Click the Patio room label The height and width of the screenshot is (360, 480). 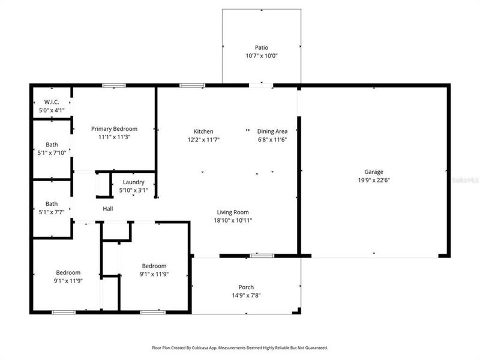tap(262, 47)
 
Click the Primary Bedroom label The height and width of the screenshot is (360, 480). tap(114, 128)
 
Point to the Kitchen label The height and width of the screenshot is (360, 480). tap(203, 131)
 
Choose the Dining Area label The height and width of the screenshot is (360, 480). tap(272, 131)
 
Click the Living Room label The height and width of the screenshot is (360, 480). tap(233, 212)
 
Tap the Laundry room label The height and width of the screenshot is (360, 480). tap(133, 182)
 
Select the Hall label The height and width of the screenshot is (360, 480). tap(108, 209)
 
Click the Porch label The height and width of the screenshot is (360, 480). tap(246, 287)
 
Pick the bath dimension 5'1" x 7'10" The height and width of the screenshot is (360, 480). tap(52, 152)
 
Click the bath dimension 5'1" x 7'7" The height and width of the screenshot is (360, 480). tap(52, 211)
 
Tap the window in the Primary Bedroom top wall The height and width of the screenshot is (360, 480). tap(113, 86)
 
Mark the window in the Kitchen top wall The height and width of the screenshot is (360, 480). tap(190, 86)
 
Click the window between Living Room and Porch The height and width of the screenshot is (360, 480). tap(262, 256)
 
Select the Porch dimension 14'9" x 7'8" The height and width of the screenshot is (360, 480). tap(246, 295)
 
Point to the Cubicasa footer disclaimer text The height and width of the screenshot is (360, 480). tap(239, 347)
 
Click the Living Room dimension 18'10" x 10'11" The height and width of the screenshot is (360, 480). tap(233, 220)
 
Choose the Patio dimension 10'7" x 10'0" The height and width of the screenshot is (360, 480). tap(262, 56)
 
